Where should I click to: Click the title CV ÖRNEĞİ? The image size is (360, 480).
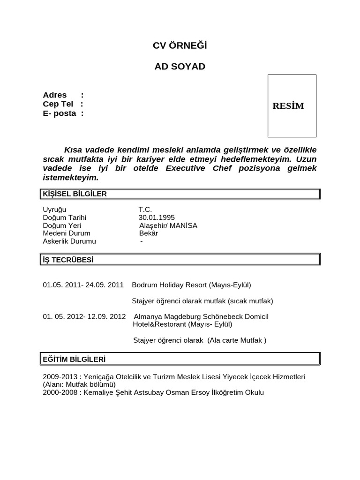click(x=180, y=45)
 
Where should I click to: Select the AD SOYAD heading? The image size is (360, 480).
click(x=180, y=66)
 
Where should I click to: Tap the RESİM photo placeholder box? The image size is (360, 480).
click(x=292, y=106)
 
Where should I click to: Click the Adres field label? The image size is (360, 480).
click(x=55, y=95)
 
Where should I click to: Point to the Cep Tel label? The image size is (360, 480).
click(x=58, y=104)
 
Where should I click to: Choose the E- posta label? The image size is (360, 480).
click(x=60, y=113)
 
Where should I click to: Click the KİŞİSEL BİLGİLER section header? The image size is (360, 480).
click(x=75, y=194)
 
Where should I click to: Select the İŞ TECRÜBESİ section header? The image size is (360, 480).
click(x=68, y=259)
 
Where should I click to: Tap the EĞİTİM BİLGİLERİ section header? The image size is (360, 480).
click(x=74, y=359)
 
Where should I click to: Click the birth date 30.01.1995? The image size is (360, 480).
click(x=157, y=217)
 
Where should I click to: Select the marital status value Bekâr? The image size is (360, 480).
click(x=149, y=233)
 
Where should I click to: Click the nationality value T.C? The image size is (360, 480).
click(x=145, y=210)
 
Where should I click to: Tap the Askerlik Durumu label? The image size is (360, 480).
click(x=69, y=241)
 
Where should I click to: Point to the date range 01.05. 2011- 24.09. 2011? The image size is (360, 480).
click(x=83, y=285)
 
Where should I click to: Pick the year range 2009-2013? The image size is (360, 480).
click(x=59, y=377)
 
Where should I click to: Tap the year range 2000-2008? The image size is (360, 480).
click(x=59, y=392)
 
